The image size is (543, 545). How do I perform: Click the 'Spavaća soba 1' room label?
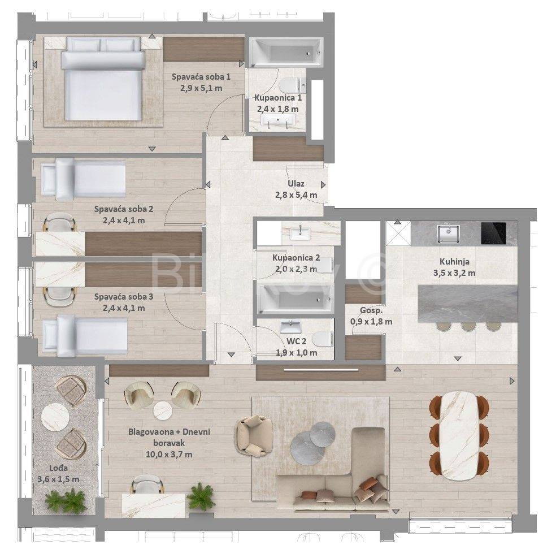pyautogui.click(x=201, y=76)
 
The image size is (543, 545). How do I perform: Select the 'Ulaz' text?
pyautogui.click(x=296, y=184)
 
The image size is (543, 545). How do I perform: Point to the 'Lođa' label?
pyautogui.click(x=58, y=468)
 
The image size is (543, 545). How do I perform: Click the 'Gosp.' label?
pyautogui.click(x=371, y=310)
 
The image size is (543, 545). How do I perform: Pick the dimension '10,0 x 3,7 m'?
pyautogui.click(x=169, y=455)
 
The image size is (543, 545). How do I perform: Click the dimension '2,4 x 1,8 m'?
pyautogui.click(x=277, y=109)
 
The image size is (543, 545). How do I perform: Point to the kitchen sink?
pyautogui.click(x=448, y=233)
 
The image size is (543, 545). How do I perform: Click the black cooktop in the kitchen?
pyautogui.click(x=493, y=233)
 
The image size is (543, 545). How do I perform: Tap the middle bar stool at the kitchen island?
pyautogui.click(x=468, y=327)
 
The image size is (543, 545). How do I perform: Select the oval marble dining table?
pyautogui.click(x=459, y=436)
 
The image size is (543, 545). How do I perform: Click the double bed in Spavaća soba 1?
pyautogui.click(x=103, y=79)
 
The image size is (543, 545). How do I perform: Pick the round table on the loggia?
pyautogui.click(x=55, y=417)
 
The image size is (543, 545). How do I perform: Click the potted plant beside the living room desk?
pyautogui.click(x=200, y=496)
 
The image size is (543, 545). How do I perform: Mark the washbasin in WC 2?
pyautogui.click(x=291, y=327)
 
